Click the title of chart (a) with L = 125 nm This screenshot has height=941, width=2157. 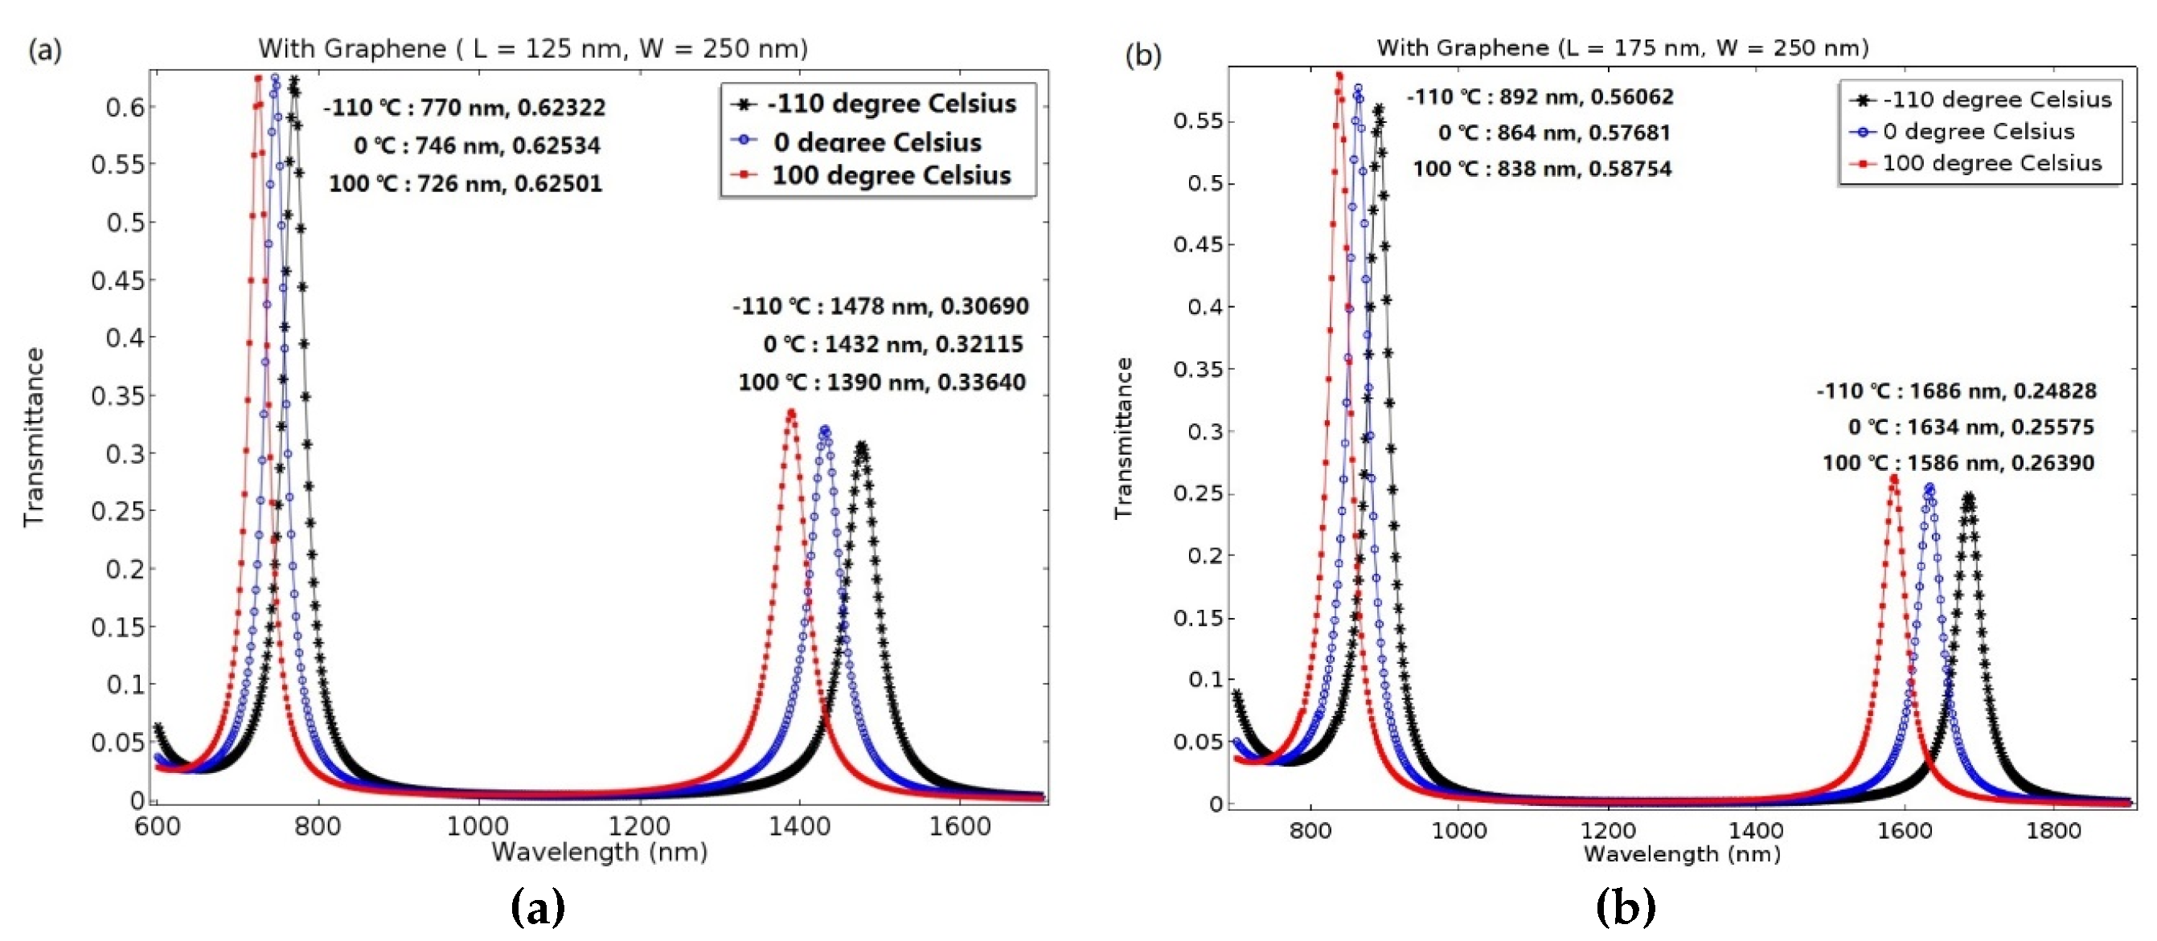532,48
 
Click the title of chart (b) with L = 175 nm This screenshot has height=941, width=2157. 1622,47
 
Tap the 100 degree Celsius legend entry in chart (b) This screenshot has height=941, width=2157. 1979,163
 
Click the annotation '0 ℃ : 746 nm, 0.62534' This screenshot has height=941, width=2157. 477,145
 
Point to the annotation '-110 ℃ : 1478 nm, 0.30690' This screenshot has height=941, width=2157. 880,306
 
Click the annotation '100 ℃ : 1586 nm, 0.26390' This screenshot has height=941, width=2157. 1958,463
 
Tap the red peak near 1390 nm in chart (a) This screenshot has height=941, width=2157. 791,412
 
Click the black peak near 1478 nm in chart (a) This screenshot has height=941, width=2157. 861,446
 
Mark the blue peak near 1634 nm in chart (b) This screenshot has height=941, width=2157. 1930,487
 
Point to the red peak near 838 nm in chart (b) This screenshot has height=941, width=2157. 1339,76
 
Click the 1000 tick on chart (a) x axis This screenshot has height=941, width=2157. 478,826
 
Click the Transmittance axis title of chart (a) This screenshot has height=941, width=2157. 34,437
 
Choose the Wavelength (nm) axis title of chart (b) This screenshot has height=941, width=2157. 1681,854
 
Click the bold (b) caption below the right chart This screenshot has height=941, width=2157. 1626,906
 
